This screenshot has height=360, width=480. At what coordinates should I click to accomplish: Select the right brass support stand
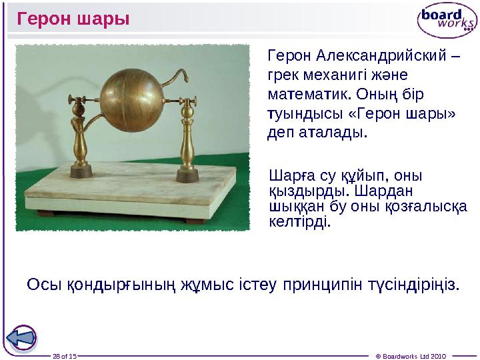[186, 140]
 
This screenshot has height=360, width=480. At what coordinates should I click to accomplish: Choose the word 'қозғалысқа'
[427, 206]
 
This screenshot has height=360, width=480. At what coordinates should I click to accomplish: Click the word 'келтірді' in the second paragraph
[300, 221]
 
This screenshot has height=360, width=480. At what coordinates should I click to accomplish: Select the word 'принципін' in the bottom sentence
[317, 285]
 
